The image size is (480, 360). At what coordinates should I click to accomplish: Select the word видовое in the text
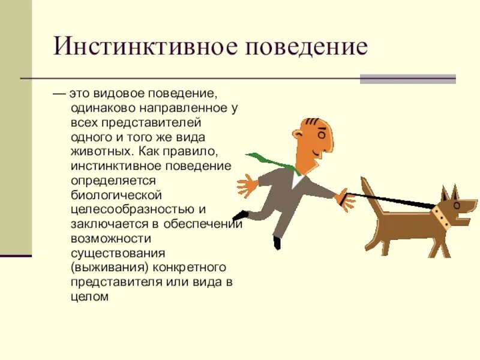[x=115, y=94]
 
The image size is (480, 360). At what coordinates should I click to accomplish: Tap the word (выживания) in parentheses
[x=100, y=266]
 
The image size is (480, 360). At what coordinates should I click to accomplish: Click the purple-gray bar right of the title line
[x=407, y=79]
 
